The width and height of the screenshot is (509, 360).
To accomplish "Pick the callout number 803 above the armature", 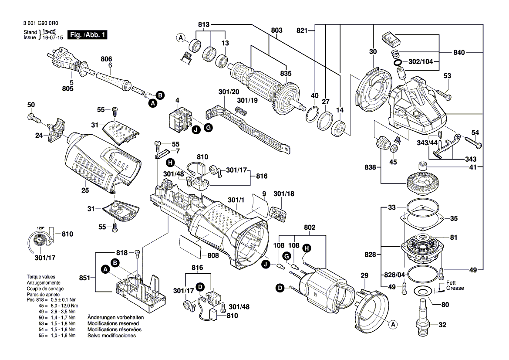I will tap(276, 30).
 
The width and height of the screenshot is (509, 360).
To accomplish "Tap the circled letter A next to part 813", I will tap(181, 38).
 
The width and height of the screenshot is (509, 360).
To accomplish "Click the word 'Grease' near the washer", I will tap(455, 288).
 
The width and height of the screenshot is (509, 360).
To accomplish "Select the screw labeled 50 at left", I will tap(33, 117).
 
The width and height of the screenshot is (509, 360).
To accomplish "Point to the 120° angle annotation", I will tap(40, 228).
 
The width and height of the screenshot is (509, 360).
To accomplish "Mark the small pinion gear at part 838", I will tap(382, 142).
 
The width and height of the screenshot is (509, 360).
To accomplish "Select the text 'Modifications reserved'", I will tap(113, 324).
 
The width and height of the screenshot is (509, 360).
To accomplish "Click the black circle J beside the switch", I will tap(196, 129).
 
